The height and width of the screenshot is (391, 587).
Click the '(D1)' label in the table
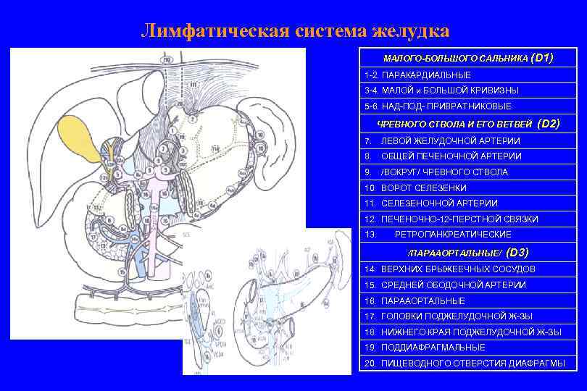(x=542, y=57)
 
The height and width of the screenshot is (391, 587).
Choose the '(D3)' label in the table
(x=518, y=253)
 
